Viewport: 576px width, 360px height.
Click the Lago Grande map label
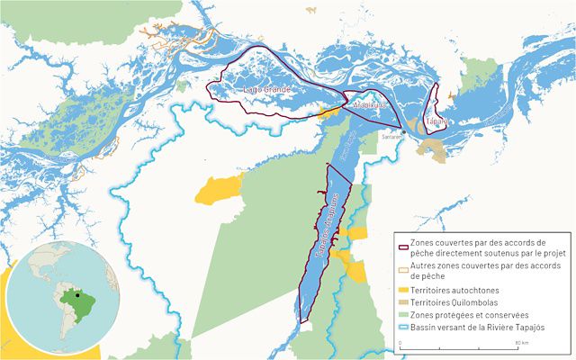coord(262,91)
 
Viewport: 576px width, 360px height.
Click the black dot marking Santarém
coord(403,131)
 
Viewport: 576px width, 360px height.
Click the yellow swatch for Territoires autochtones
coord(402,290)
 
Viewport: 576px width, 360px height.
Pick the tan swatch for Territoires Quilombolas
coord(402,303)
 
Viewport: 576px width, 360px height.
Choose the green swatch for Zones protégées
coord(402,317)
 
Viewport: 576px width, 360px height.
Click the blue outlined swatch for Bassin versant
coord(402,329)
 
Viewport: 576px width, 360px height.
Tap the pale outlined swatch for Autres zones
coord(402,268)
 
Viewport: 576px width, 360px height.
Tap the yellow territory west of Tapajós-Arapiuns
coord(219,189)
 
